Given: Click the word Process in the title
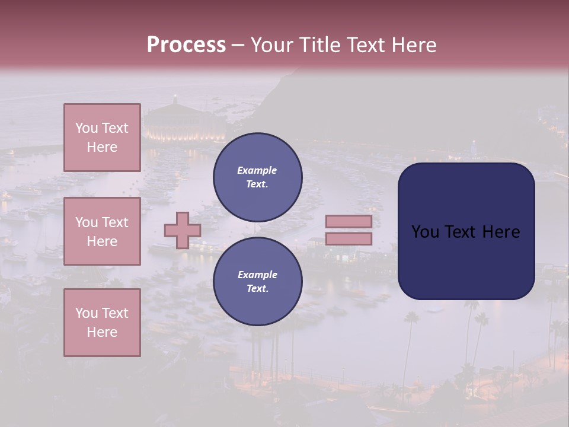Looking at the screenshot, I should [186, 45].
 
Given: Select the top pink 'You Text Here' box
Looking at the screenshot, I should [102, 138].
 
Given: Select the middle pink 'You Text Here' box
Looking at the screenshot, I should [102, 231].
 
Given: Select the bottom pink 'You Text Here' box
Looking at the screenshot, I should [102, 323].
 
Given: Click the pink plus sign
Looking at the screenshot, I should [182, 230].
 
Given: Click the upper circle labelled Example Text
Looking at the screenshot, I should [257, 177].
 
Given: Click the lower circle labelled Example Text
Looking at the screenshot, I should [257, 282].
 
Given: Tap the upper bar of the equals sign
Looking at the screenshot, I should [349, 221].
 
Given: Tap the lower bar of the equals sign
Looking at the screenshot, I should [349, 238].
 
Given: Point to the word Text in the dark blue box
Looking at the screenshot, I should [466, 232].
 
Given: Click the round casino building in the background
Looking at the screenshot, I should [175, 122].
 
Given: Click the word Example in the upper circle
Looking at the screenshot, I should [257, 170].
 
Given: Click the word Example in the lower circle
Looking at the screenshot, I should [257, 275].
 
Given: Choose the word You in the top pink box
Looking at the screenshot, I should [86, 128].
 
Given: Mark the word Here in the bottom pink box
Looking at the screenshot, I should [102, 332].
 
